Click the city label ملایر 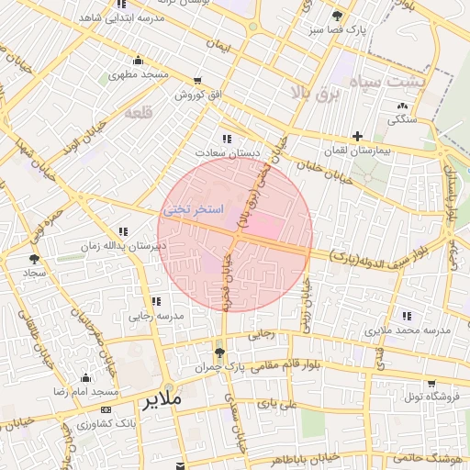coord(175,401)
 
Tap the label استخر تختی coord(193,210)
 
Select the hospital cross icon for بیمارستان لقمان coord(357,136)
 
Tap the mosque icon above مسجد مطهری coord(137,61)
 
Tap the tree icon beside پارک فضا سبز coord(338,16)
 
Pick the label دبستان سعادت coord(227,152)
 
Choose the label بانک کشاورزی coord(108,424)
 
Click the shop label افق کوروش coord(195,95)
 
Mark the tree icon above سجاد coord(35,260)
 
